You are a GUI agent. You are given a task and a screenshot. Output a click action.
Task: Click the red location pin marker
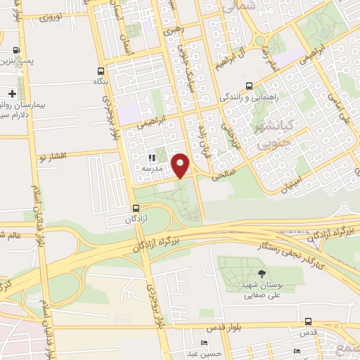pos(181,165)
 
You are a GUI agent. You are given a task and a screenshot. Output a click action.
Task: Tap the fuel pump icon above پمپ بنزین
pos(16,51)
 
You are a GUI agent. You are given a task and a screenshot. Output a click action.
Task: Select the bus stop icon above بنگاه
pos(101,71)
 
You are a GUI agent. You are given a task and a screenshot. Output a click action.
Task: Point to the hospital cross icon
pos(12,94)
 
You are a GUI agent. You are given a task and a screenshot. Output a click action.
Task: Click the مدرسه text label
pos(152,169)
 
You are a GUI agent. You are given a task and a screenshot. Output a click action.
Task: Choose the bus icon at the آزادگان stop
pos(136,208)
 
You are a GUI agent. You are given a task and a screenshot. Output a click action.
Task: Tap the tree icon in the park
pos(262,274)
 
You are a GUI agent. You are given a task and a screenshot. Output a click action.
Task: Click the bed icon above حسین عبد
pos(203,342)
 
